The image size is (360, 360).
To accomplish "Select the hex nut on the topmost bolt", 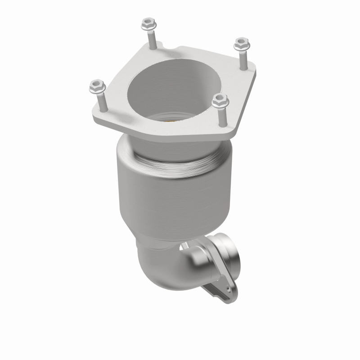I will [148, 23].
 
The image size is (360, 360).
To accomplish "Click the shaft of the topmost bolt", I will [152, 39].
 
